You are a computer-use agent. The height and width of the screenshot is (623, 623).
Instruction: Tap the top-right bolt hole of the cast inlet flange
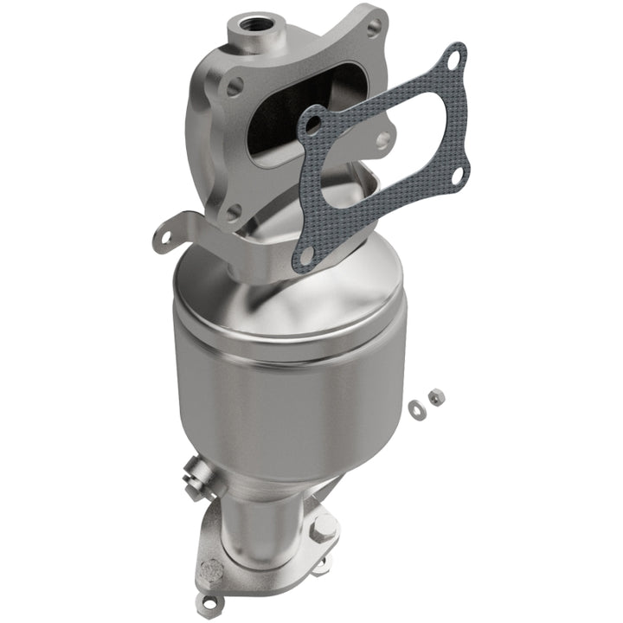pos(374,27)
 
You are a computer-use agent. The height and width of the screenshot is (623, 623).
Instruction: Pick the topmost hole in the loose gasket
pos(450,60)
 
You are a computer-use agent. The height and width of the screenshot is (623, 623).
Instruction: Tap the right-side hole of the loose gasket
pos(457,176)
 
